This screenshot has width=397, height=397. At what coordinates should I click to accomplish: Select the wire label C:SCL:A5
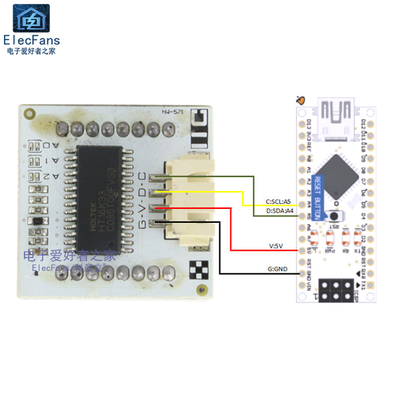(278, 202)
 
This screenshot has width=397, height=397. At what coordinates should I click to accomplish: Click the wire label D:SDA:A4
(280, 211)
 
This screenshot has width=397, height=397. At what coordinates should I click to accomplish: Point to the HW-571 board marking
(173, 113)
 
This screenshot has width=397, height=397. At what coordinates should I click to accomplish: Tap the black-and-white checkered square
(199, 268)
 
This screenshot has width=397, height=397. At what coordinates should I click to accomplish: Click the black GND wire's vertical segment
(219, 248)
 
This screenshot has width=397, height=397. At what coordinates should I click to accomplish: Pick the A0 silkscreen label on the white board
(54, 145)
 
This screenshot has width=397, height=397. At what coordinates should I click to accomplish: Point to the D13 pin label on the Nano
(309, 124)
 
